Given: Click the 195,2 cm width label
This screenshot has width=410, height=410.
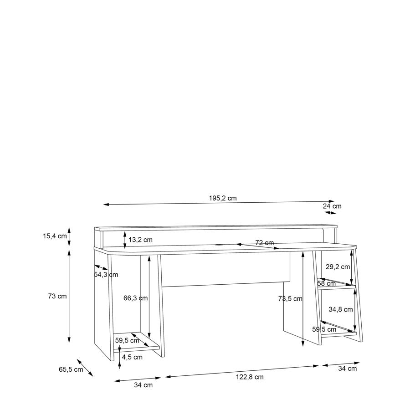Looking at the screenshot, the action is point(223,198).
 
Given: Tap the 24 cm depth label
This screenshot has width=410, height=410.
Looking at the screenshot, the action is point(332,206).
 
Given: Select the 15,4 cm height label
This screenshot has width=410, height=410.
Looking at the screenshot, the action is point(55,236).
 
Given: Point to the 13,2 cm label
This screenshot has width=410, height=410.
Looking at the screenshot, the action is point(140,240).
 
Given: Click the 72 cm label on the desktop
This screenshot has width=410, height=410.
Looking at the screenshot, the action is point(265,243).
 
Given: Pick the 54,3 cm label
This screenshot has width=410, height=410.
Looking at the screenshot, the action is point(106,275).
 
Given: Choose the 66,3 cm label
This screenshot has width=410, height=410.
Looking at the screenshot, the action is point(135,298).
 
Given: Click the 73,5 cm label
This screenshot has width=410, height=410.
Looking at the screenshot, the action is point(290,298).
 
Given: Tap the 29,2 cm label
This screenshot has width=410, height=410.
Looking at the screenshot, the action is point(338,266).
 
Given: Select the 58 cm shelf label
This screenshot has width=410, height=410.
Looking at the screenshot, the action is point(326,283).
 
